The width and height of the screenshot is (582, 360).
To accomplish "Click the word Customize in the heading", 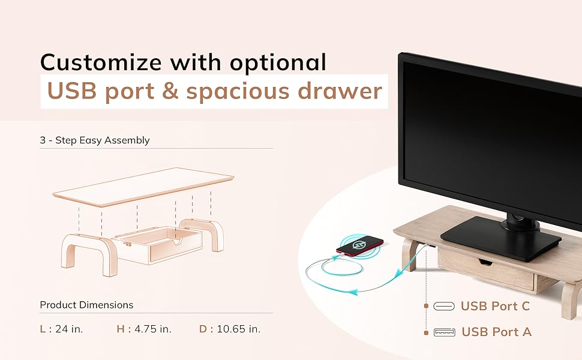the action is [x=101, y=62].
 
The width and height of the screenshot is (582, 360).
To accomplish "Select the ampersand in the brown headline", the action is [x=170, y=91].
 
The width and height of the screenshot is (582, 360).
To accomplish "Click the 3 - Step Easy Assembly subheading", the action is [x=95, y=140].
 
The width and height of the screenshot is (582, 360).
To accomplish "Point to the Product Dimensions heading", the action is [x=86, y=305].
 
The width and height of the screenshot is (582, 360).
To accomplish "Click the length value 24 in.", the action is [x=69, y=329].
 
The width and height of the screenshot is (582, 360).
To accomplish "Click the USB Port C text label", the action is [x=495, y=306].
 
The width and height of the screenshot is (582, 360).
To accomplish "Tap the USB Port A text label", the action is [x=496, y=331].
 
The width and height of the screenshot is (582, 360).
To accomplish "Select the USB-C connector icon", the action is [x=444, y=306].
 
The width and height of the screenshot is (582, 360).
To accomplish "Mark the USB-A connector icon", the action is [x=444, y=332].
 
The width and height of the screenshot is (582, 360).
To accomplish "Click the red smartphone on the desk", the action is [x=359, y=245].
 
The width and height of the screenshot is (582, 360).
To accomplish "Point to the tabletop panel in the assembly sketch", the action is [x=143, y=187].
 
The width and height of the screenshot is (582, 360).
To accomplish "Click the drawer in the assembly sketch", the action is [x=158, y=245].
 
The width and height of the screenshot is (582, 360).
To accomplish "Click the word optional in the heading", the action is [x=278, y=62].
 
